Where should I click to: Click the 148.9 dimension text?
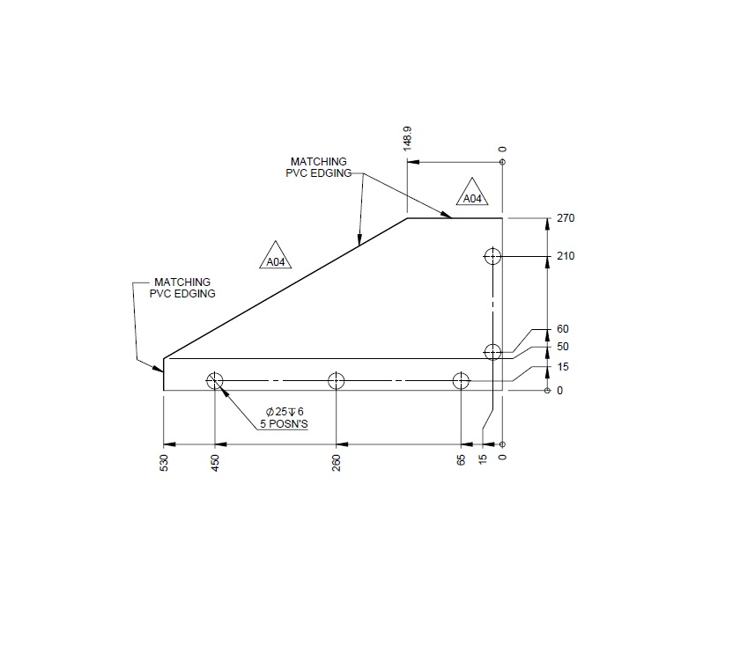point(407,138)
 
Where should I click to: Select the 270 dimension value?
point(566,218)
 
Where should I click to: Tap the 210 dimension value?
point(566,256)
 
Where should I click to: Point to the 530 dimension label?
point(164,464)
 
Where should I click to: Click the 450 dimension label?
point(215,464)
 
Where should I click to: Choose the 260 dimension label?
point(337,464)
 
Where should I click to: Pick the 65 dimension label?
point(461,461)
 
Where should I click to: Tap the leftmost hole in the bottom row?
point(215,381)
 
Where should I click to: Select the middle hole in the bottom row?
point(336,381)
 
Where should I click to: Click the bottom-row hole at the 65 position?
point(461,381)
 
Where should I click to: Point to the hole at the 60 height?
point(493,351)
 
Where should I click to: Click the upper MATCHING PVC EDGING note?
point(318,167)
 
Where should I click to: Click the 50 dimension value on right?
point(564,347)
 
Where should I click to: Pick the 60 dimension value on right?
point(564,329)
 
